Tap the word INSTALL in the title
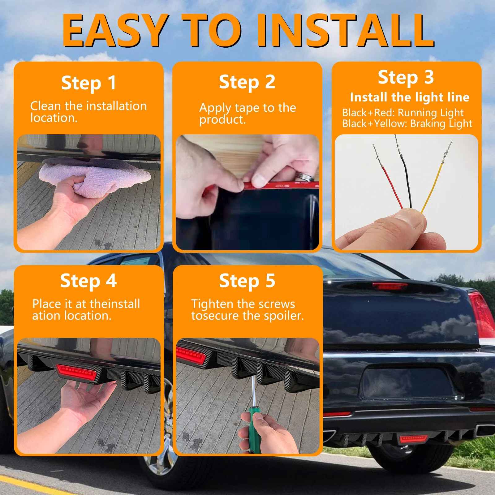346,31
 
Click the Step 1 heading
89,83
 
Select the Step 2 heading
247,82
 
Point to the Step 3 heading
406,77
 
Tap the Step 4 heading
88,281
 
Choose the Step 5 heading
247,281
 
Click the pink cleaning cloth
93,176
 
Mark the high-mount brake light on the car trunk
390,286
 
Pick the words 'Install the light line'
410,97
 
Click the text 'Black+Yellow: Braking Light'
407,124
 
